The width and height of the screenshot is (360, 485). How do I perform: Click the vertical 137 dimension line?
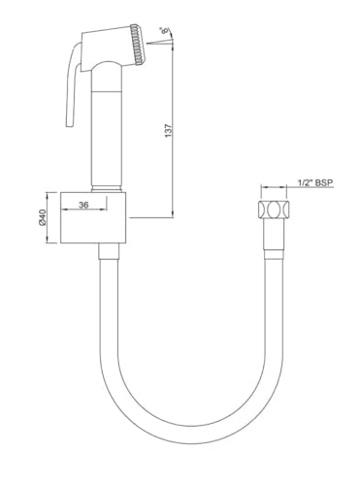(175, 136)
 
